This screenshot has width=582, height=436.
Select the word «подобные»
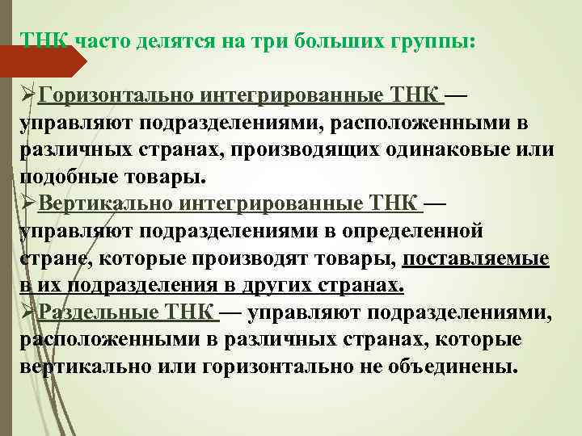click(66, 177)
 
